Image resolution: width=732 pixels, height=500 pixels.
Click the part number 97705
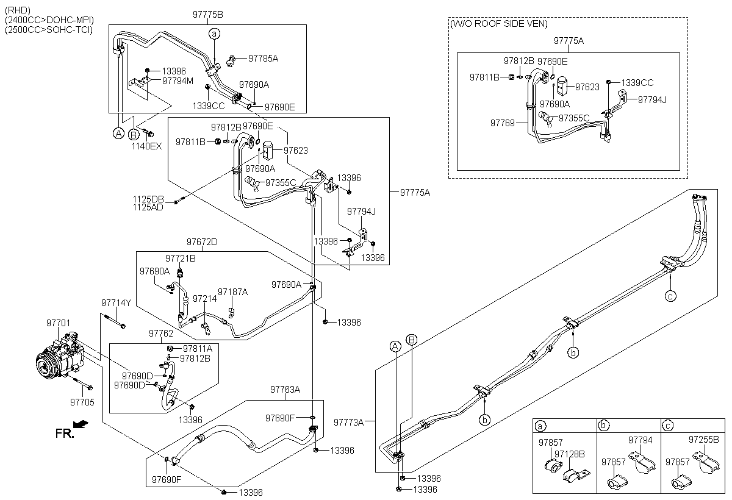pos(82,402)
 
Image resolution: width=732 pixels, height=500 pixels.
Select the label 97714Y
pos(116,303)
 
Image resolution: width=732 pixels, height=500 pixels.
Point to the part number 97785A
pos(263,59)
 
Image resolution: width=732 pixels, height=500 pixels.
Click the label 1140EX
pos(148,146)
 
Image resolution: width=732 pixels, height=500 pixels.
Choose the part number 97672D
pos(202,242)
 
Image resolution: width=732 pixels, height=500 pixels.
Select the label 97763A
pos(285,390)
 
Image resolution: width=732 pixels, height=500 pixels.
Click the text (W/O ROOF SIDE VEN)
pos(498,24)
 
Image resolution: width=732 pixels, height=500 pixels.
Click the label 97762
pos(161,334)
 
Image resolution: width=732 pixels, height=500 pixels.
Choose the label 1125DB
pos(148,199)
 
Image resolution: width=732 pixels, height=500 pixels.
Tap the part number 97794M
pos(178,80)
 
